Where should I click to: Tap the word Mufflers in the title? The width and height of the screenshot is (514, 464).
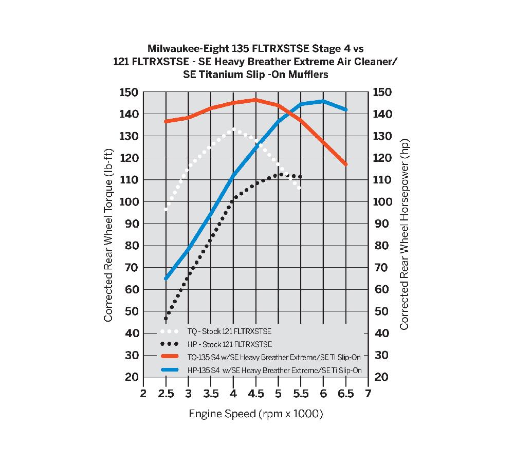click(x=307, y=75)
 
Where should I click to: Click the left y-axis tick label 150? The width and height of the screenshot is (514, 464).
click(x=128, y=92)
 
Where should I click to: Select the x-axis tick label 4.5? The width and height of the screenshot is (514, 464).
click(x=256, y=394)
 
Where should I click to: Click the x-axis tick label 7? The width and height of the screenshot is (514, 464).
click(x=368, y=394)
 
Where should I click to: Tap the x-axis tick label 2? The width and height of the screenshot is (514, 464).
click(x=143, y=394)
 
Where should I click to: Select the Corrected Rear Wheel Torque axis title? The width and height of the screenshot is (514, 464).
click(x=108, y=235)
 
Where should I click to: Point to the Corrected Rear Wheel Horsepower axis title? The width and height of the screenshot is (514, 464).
click(x=404, y=235)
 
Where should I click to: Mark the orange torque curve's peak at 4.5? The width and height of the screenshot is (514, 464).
click(x=255, y=100)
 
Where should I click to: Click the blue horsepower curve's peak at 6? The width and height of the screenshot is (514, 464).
click(x=323, y=101)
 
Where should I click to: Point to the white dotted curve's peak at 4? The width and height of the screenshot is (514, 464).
click(x=233, y=129)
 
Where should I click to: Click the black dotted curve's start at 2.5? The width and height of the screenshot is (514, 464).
click(x=166, y=319)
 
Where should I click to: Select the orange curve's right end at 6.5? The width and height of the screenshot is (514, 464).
click(x=345, y=164)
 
